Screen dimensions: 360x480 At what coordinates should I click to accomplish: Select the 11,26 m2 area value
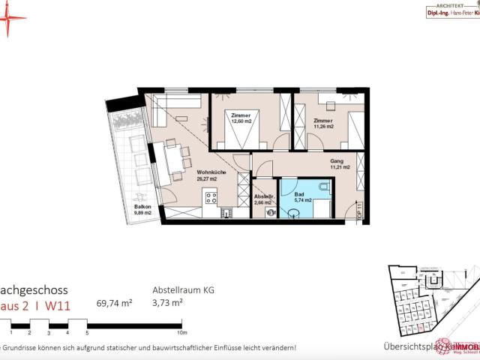323,127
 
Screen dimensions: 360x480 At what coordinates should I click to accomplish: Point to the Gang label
337,161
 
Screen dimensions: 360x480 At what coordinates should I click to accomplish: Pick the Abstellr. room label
264,196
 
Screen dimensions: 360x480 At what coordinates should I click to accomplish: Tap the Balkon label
142,206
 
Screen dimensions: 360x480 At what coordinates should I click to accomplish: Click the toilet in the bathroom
322,188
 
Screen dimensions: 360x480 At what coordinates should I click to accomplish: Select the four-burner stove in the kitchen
211,199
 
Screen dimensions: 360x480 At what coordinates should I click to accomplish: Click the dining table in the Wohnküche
171,159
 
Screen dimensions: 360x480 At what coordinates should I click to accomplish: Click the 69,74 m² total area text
115,304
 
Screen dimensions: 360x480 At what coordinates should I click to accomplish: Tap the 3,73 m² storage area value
169,304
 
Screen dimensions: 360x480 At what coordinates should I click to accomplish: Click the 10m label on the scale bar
181,331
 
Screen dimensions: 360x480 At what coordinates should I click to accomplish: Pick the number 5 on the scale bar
87,331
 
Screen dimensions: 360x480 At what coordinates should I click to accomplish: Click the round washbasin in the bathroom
293,212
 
